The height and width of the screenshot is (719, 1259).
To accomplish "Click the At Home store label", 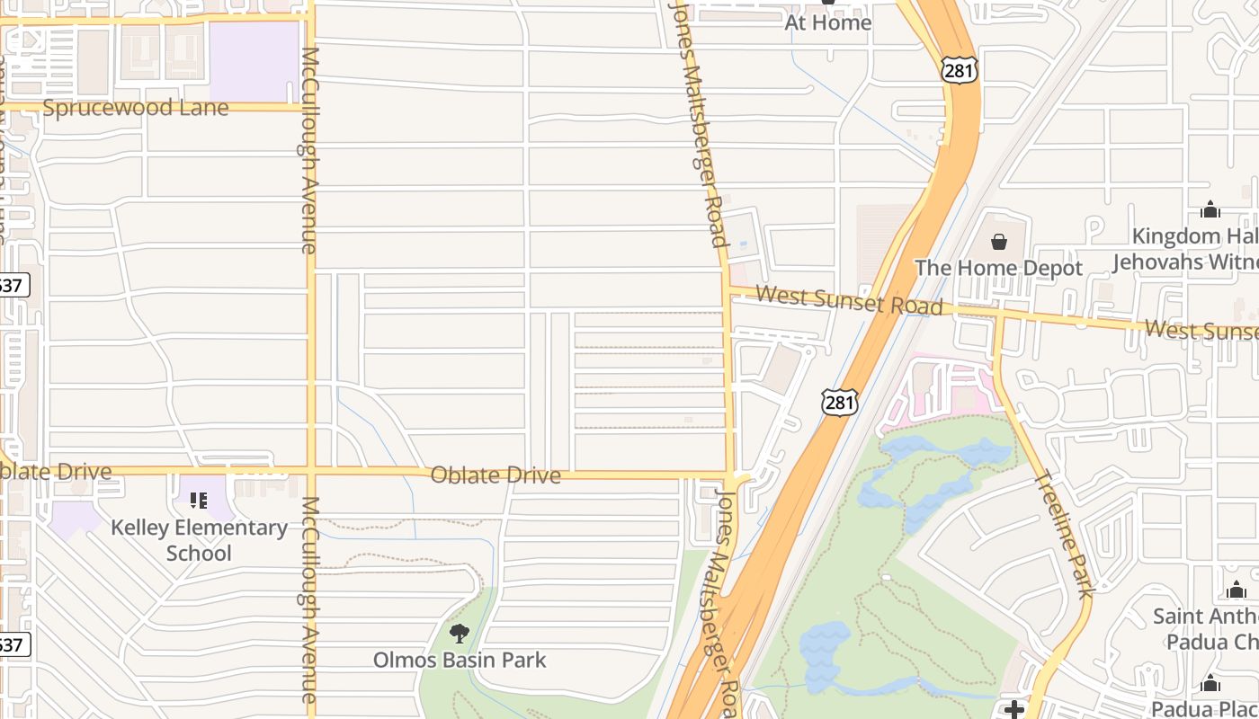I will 827,22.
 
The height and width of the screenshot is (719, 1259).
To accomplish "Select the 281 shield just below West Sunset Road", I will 839,402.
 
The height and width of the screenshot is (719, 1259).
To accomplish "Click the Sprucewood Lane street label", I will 136,108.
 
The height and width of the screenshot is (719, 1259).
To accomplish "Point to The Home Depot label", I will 998,268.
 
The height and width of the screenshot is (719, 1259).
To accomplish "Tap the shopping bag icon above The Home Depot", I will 998,242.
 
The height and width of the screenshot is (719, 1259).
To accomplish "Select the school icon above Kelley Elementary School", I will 199,500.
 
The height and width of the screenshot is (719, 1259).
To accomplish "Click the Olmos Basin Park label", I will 460,660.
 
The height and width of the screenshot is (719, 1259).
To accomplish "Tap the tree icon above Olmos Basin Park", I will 460,634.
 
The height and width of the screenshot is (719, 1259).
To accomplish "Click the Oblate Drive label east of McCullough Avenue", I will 496,475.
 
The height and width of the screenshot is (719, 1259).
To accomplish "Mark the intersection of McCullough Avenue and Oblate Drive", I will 311,470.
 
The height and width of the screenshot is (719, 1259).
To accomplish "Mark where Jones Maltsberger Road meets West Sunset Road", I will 727,290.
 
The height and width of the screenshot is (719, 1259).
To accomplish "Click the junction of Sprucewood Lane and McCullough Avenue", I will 308,106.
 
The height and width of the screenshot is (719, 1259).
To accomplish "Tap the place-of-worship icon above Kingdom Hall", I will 1210,210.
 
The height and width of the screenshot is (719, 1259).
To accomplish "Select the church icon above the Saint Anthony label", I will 1237,590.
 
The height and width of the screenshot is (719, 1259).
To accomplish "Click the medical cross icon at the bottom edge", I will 1014,710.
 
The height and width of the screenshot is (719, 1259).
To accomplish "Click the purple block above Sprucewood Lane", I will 254,61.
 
